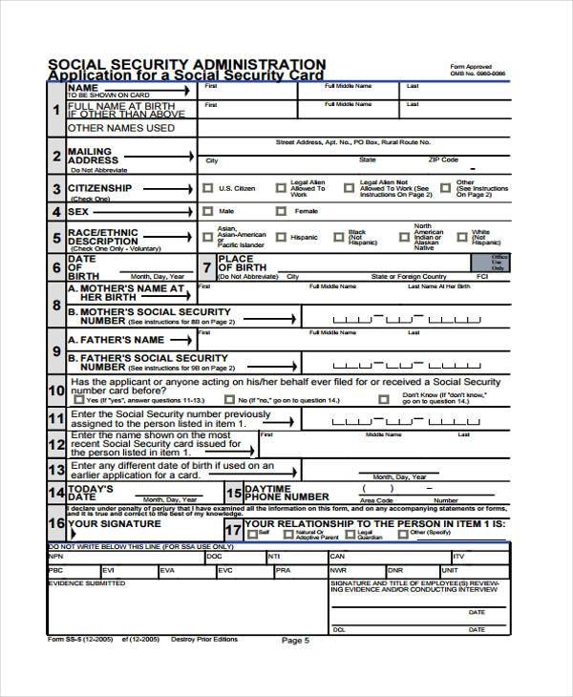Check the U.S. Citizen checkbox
[207, 188]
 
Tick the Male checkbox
[207, 211]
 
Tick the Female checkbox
[283, 211]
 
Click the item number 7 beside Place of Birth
[207, 267]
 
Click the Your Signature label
[113, 523]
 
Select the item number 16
[55, 523]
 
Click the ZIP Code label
[443, 160]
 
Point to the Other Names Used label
[120, 127]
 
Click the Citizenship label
[99, 188]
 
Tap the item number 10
[55, 389]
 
